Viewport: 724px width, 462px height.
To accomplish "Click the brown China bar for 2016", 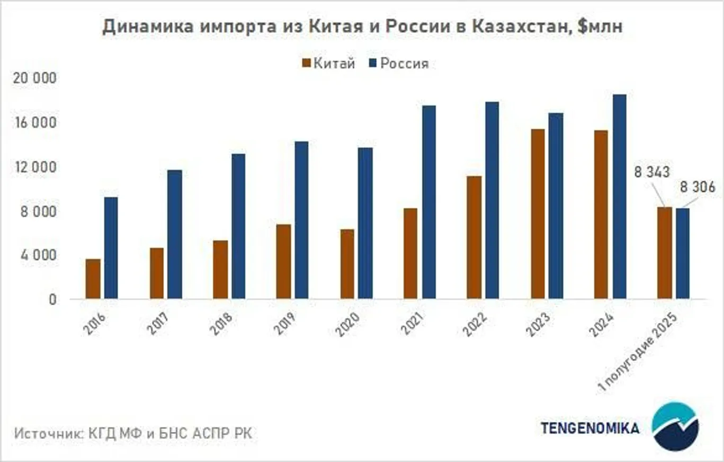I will pyautogui.click(x=93, y=279).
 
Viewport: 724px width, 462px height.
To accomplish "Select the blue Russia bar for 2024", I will pyautogui.click(x=619, y=197).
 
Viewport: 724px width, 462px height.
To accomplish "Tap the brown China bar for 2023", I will pyautogui.click(x=538, y=214).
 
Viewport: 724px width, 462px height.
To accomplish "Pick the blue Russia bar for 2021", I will pyautogui.click(x=428, y=202).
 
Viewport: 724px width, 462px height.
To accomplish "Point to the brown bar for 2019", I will pyautogui.click(x=283, y=261).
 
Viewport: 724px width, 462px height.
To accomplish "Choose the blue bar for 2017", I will pyautogui.click(x=175, y=234).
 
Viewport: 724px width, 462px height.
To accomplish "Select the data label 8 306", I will pyautogui.click(x=698, y=187).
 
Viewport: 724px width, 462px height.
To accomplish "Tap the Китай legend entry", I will pyautogui.click(x=328, y=64).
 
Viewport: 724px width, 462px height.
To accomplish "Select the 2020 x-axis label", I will pyautogui.click(x=347, y=324).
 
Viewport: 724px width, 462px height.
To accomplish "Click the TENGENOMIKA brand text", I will pyautogui.click(x=590, y=428).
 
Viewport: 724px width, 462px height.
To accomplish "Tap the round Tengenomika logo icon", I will pyautogui.click(x=675, y=427).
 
